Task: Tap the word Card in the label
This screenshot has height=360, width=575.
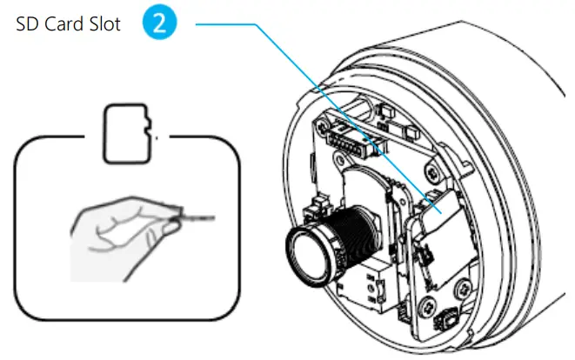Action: tap(64, 25)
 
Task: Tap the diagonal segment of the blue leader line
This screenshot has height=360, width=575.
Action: tap(348, 113)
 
